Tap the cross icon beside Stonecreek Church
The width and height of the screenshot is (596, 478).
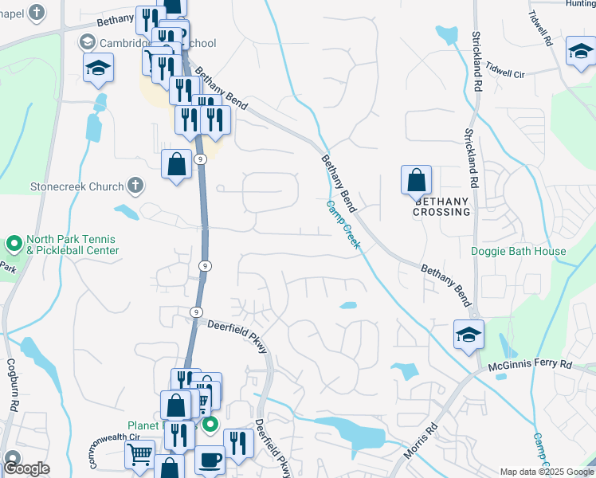point(135,186)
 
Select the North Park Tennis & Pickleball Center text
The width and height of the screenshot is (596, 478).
point(72,245)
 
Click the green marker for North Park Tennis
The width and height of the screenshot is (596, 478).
point(14,242)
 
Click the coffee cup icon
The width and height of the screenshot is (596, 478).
point(210,460)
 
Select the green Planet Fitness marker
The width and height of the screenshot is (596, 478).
point(210,425)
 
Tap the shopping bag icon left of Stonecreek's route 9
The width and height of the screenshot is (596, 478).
point(177,165)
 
